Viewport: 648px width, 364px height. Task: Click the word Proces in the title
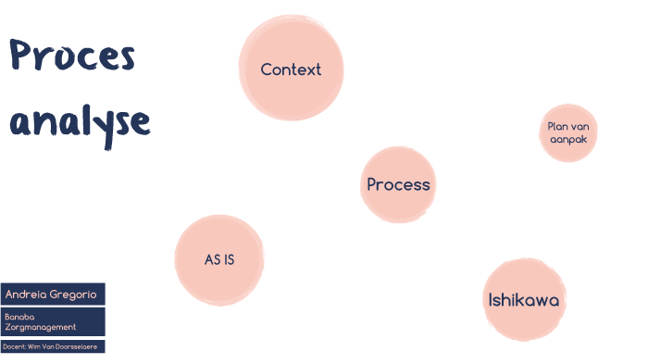pyautogui.click(x=72, y=57)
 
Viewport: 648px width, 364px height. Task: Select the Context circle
pyautogui.click(x=291, y=69)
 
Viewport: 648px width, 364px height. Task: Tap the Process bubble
pyautogui.click(x=398, y=184)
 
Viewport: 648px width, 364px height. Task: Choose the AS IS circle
pyautogui.click(x=219, y=259)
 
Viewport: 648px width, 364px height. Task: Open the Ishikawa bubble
pyautogui.click(x=524, y=300)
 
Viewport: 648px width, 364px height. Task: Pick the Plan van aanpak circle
pyautogui.click(x=568, y=133)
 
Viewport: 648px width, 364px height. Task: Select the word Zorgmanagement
pyautogui.click(x=40, y=327)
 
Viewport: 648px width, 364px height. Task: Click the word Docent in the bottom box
pyautogui.click(x=13, y=346)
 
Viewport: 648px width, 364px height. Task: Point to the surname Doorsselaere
pyautogui.click(x=81, y=346)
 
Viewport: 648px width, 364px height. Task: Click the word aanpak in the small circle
pyautogui.click(x=568, y=140)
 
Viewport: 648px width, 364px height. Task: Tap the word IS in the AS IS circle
pyautogui.click(x=228, y=259)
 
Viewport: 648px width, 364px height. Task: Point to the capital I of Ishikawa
pyautogui.click(x=492, y=300)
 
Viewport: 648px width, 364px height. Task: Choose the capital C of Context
pyautogui.click(x=266, y=69)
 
